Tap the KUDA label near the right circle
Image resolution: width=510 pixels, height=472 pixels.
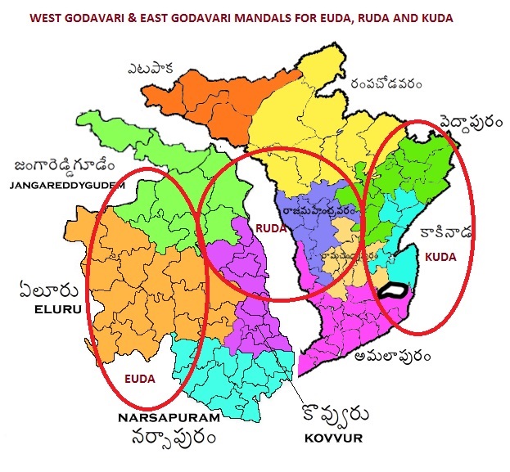point(440,256)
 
